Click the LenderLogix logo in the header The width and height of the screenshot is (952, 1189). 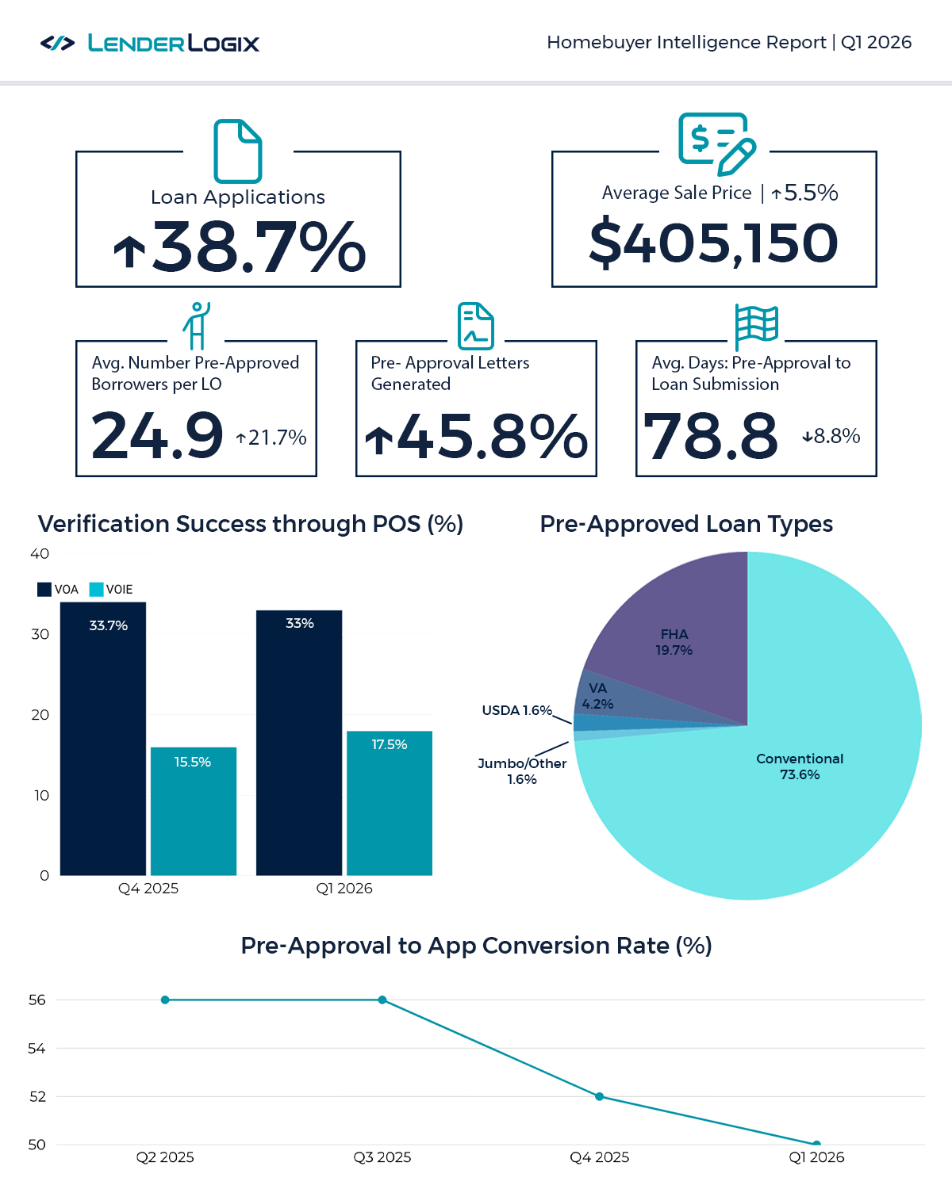(150, 43)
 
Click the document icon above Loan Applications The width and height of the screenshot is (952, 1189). (237, 151)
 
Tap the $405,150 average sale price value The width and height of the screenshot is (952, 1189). (713, 243)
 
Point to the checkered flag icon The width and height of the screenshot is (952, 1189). (756, 326)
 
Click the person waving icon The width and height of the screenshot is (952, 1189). (196, 325)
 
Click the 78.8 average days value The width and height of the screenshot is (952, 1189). (711, 436)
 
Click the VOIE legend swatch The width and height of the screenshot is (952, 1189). (96, 590)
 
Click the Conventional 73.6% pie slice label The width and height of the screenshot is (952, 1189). (800, 767)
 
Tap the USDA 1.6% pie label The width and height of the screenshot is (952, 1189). (516, 710)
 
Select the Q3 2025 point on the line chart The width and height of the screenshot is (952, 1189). (382, 1000)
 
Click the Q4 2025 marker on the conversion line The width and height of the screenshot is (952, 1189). (600, 1097)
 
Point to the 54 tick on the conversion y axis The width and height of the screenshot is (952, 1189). (36, 1049)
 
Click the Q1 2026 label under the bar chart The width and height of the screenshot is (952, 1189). (344, 889)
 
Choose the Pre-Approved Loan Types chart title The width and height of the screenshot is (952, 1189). (686, 524)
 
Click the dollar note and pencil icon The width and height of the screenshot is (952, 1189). (716, 143)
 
